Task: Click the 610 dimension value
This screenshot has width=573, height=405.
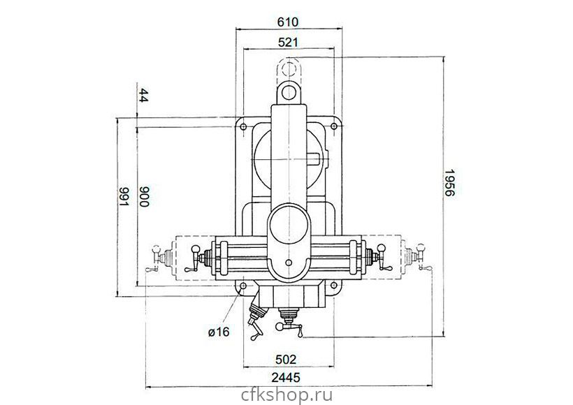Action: click(288, 22)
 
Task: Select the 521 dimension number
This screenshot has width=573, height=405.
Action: click(288, 43)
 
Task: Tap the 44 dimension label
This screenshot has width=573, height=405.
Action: click(144, 96)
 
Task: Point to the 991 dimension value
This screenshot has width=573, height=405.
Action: click(124, 196)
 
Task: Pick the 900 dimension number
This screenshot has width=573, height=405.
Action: click(145, 196)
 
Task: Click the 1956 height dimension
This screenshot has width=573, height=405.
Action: click(449, 182)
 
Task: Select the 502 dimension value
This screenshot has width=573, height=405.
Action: click(286, 360)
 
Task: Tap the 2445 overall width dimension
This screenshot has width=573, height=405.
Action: click(286, 377)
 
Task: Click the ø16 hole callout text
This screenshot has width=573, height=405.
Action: click(219, 332)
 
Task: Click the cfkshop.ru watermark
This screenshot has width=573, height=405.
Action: click(287, 395)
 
